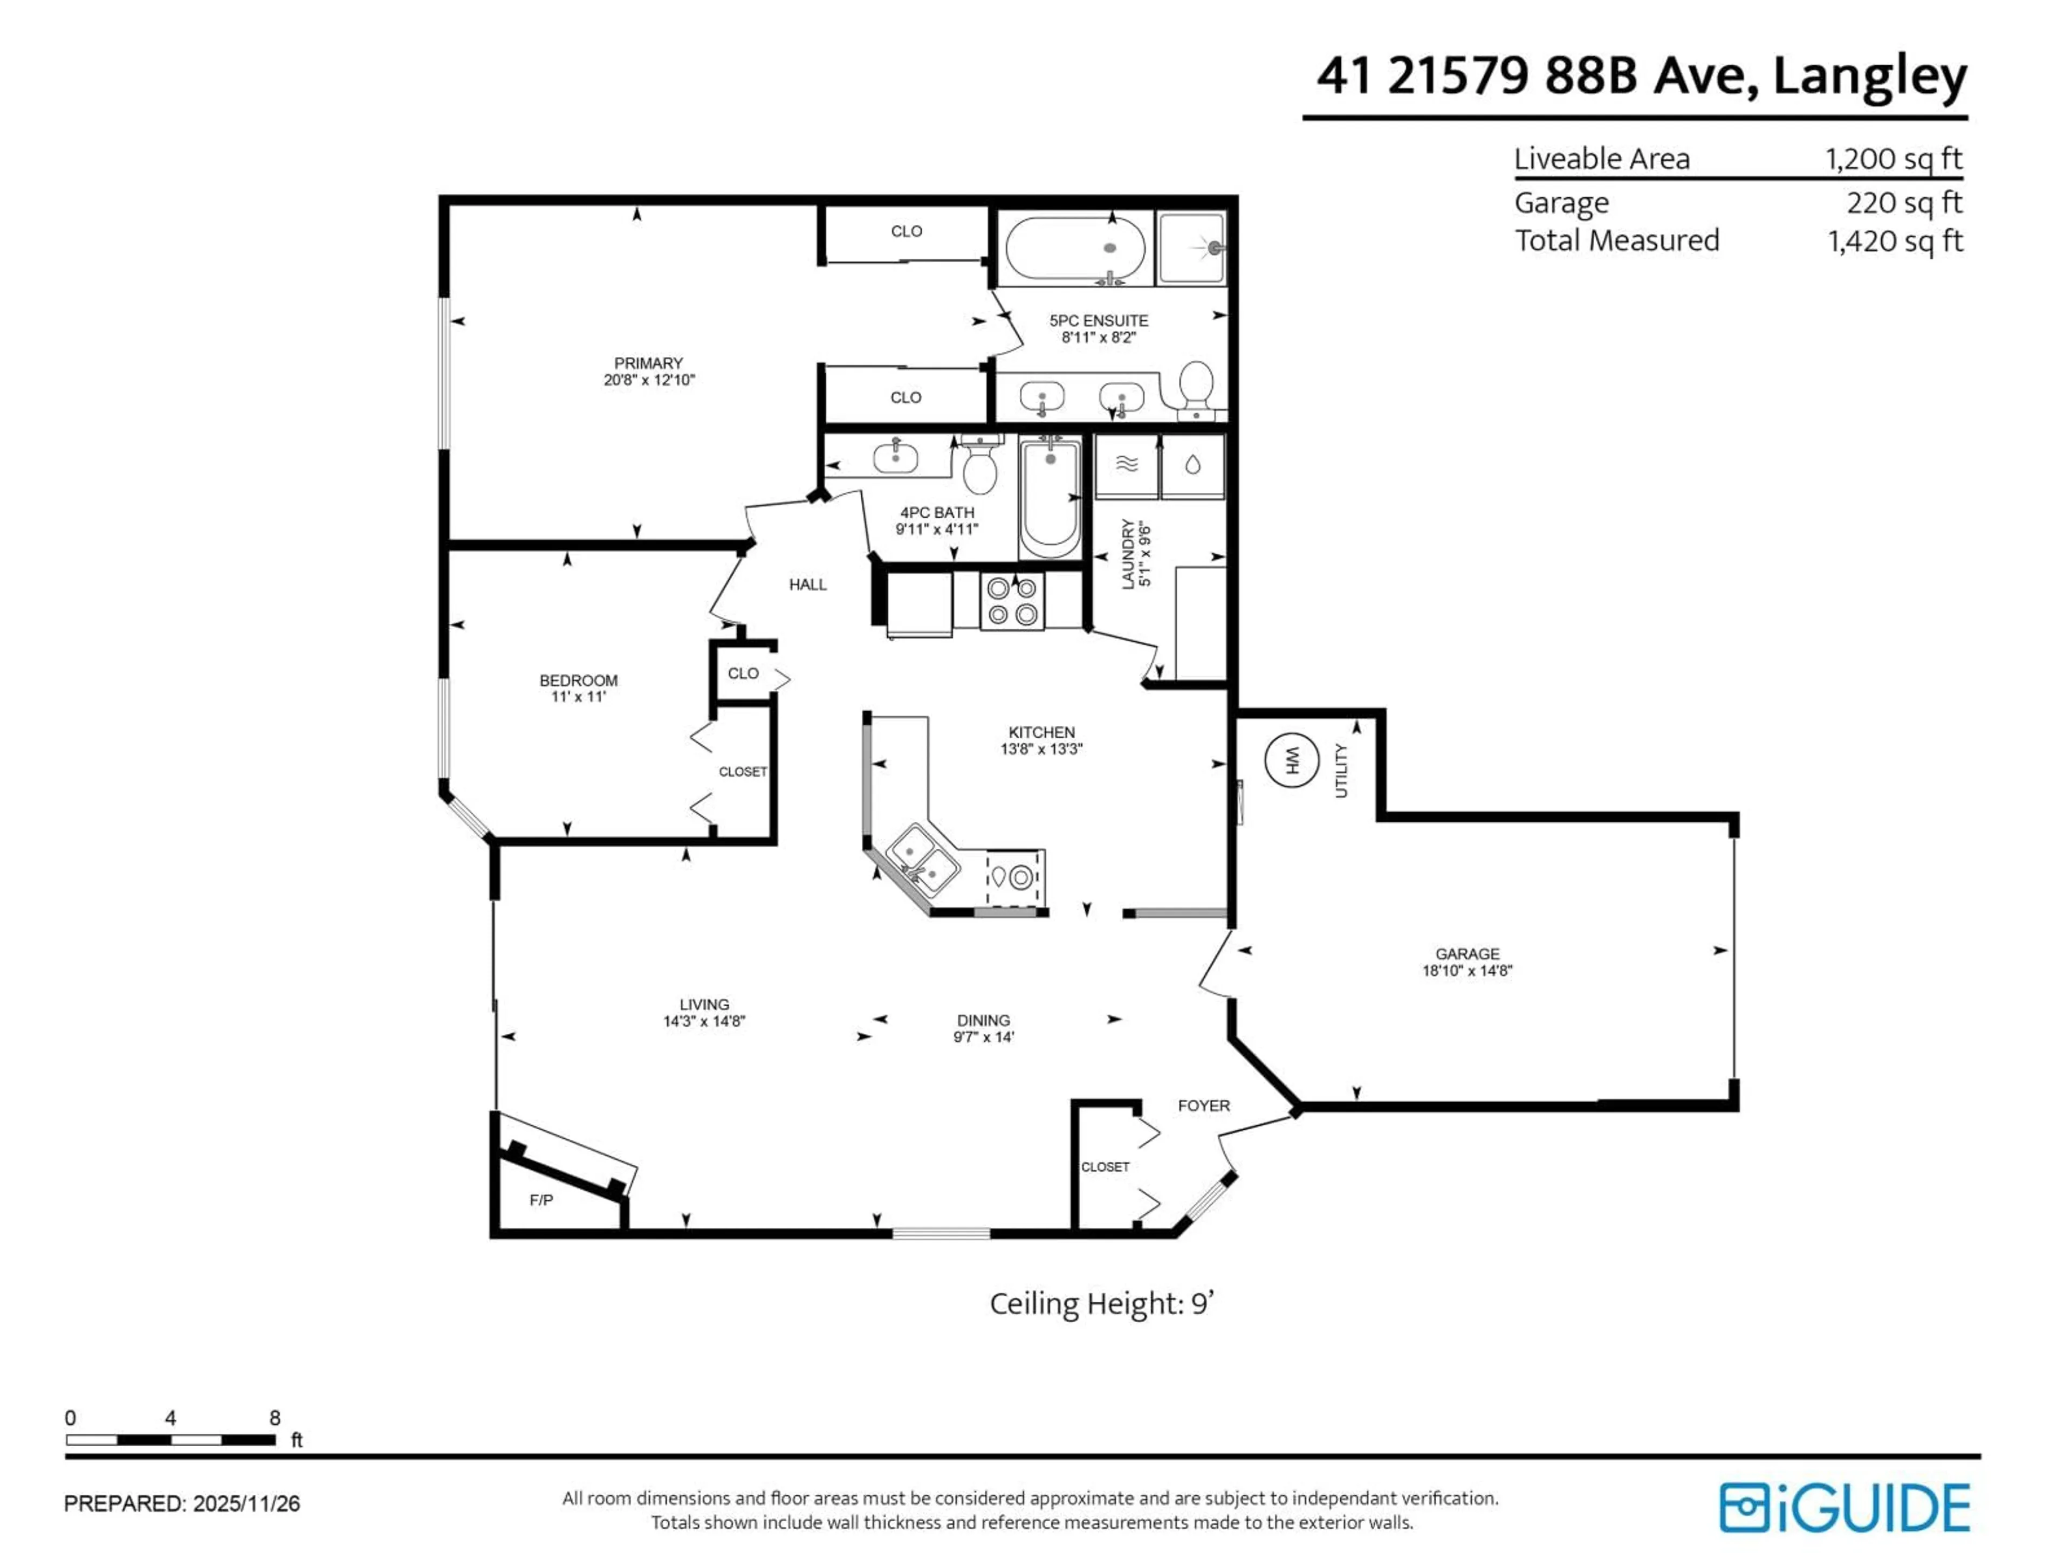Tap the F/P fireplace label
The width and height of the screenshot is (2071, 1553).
pyautogui.click(x=541, y=1200)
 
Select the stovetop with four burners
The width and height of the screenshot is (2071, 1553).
pyautogui.click(x=1012, y=601)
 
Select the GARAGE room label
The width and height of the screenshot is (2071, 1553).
pyautogui.click(x=1467, y=954)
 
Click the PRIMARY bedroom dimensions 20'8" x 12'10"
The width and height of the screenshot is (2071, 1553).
pyautogui.click(x=649, y=380)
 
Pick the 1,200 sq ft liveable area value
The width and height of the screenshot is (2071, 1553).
pyautogui.click(x=1893, y=159)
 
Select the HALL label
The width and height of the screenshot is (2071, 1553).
pyautogui.click(x=807, y=585)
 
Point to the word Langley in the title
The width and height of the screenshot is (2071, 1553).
pyautogui.click(x=1870, y=76)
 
